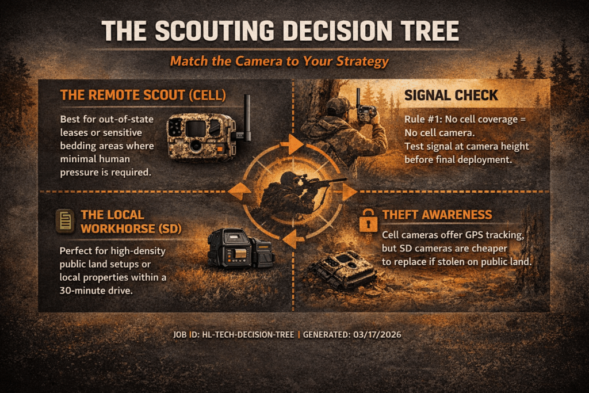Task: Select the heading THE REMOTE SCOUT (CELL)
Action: click(143, 95)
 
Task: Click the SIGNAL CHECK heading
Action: click(451, 96)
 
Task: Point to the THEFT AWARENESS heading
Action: click(437, 215)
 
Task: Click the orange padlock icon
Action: click(368, 221)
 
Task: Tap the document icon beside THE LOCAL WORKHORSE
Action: click(65, 221)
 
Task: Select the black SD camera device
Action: click(241, 249)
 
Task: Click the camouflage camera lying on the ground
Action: click(342, 269)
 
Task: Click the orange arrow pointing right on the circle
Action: click(349, 192)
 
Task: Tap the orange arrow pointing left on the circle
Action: click(239, 192)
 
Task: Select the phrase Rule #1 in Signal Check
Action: click(423, 120)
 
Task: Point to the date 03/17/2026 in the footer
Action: click(377, 334)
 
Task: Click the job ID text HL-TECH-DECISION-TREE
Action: click(248, 334)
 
